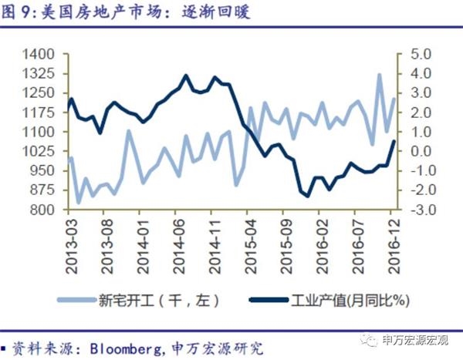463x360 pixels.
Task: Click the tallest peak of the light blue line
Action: [x=380, y=75]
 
